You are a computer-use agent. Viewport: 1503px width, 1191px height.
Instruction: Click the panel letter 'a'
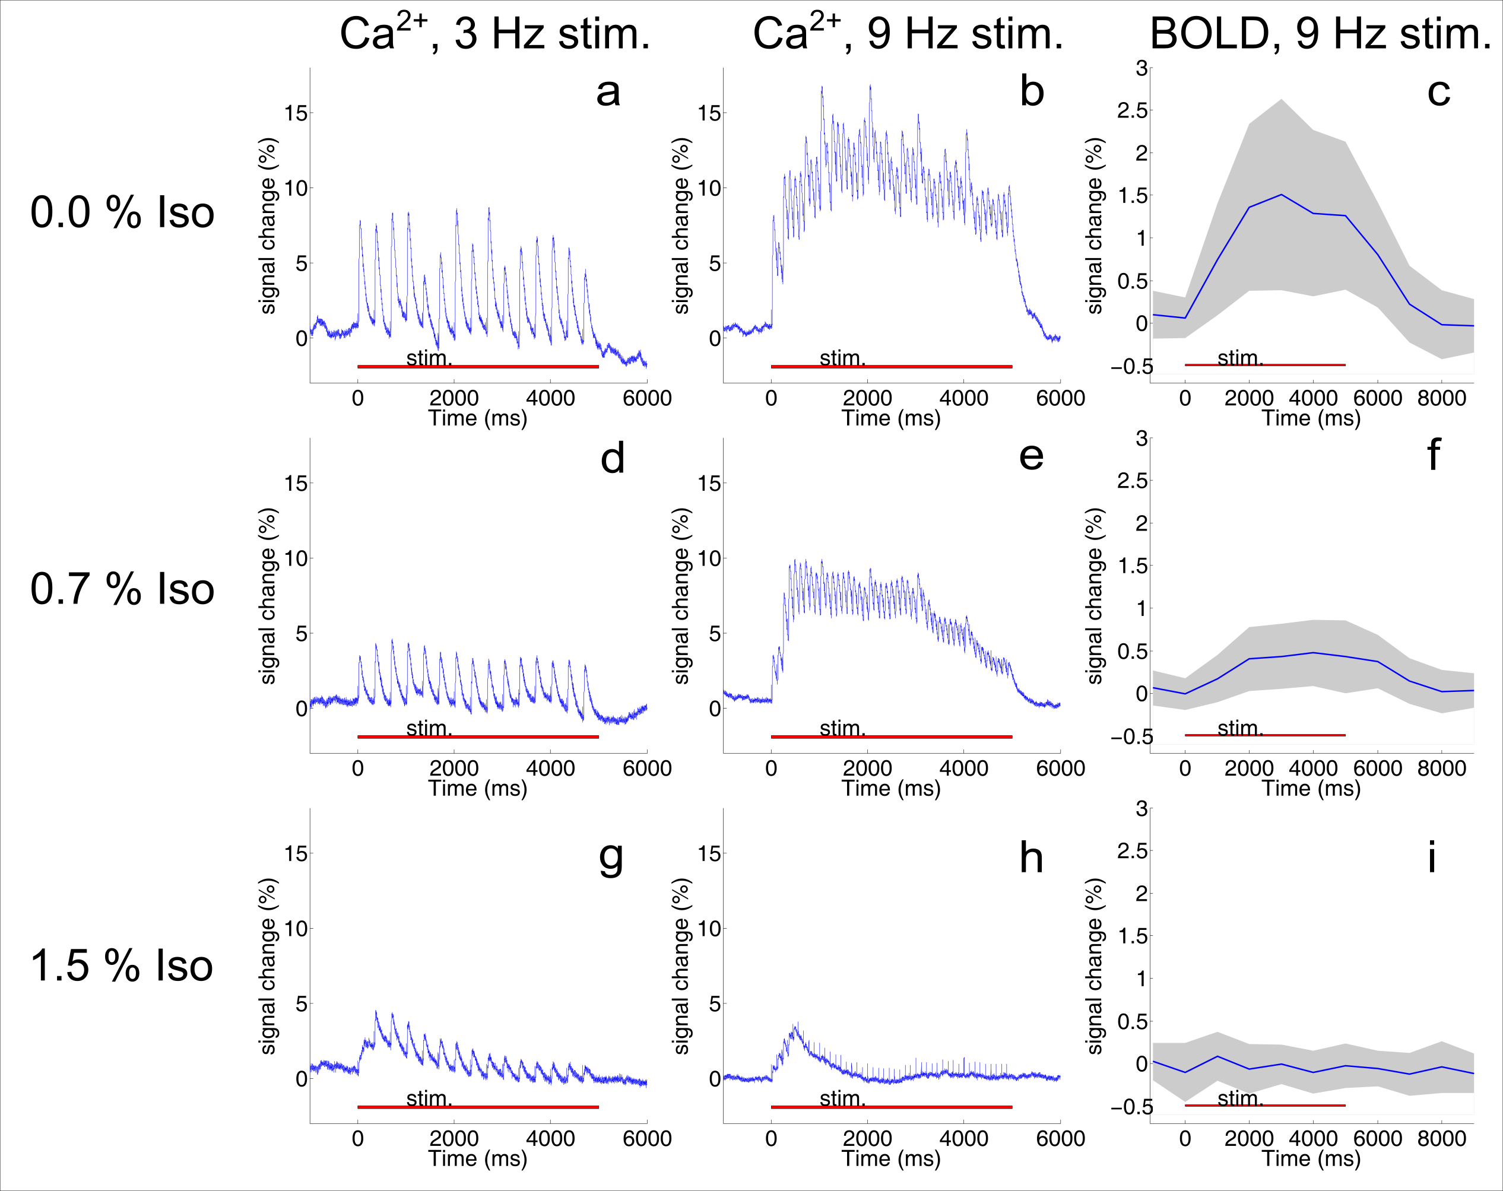pos(608,93)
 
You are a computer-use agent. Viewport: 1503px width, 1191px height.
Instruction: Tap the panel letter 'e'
pos(1031,456)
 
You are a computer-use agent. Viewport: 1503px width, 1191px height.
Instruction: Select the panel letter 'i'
pos(1431,856)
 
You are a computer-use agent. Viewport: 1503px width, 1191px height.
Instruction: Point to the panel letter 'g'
pos(611,859)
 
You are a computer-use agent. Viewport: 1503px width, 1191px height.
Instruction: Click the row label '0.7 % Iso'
pos(122,589)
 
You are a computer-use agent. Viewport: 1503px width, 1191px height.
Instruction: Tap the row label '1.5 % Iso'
pos(122,966)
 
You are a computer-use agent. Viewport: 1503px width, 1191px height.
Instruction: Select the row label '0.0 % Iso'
pos(122,212)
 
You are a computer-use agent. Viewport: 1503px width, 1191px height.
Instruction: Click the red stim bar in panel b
pos(891,367)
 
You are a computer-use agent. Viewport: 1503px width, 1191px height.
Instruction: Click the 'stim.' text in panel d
pos(429,729)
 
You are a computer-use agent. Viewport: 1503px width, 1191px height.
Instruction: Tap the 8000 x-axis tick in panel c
pos(1442,399)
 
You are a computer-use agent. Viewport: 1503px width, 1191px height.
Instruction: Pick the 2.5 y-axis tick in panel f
pos(1131,481)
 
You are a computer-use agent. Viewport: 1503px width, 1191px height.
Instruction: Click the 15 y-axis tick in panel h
pos(709,854)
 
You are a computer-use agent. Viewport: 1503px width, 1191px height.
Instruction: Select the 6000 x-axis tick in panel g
pos(647,1139)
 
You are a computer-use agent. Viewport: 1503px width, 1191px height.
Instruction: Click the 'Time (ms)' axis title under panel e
pos(891,789)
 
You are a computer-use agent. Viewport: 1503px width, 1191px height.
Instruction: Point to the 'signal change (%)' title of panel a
pos(268,226)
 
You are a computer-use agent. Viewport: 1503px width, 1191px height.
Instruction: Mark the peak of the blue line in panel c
pos(1282,195)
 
